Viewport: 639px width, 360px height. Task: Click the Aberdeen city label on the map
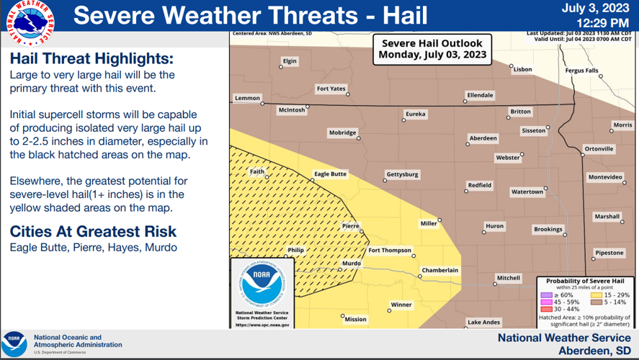(x=483, y=138)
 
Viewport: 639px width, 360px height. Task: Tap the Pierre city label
(x=350, y=226)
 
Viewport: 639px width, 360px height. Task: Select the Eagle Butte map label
(x=330, y=174)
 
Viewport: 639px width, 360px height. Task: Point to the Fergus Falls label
(x=581, y=71)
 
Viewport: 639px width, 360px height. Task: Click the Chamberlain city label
(x=439, y=270)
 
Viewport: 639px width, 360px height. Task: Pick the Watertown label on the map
(x=527, y=192)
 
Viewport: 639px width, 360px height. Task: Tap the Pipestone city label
(x=609, y=253)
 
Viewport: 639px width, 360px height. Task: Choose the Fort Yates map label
(x=331, y=89)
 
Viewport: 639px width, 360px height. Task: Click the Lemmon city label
(x=247, y=98)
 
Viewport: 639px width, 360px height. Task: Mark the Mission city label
(x=355, y=319)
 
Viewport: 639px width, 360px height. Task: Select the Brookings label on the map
(x=548, y=229)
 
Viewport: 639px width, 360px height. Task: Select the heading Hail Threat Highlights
(x=91, y=58)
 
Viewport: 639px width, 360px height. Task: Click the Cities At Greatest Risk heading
(x=93, y=232)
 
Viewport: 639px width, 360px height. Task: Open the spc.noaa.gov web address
(x=263, y=325)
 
